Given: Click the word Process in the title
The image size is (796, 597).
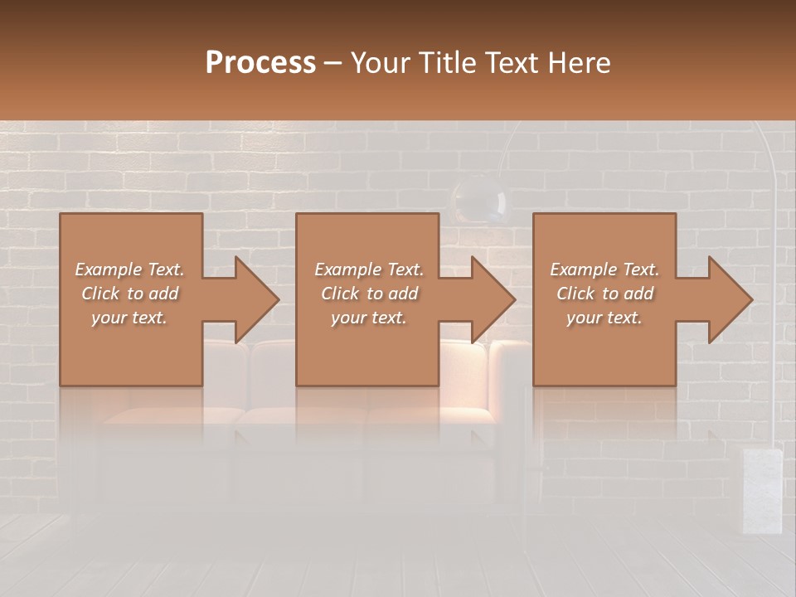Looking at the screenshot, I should tap(260, 63).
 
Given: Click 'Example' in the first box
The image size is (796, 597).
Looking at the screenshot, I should tap(109, 269).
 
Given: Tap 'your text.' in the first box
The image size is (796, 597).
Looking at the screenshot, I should tap(129, 318).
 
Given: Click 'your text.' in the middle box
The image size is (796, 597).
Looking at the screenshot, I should tap(369, 318).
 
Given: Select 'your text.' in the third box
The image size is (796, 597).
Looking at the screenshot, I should tap(604, 318).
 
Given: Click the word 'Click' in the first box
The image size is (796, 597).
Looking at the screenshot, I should tap(99, 294).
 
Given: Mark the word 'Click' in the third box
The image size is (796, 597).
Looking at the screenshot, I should tap(575, 294).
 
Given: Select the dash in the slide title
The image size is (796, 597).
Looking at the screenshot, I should tap(333, 63).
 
